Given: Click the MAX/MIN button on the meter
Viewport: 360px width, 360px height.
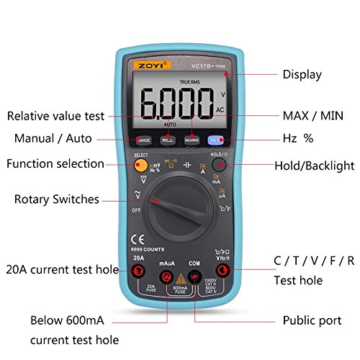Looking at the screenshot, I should click(x=192, y=140).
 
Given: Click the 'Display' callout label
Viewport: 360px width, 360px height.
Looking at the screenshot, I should click(x=302, y=73).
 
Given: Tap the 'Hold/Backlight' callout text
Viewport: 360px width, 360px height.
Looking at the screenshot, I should click(x=314, y=166).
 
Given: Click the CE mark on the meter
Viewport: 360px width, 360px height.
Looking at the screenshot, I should click(x=134, y=240).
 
